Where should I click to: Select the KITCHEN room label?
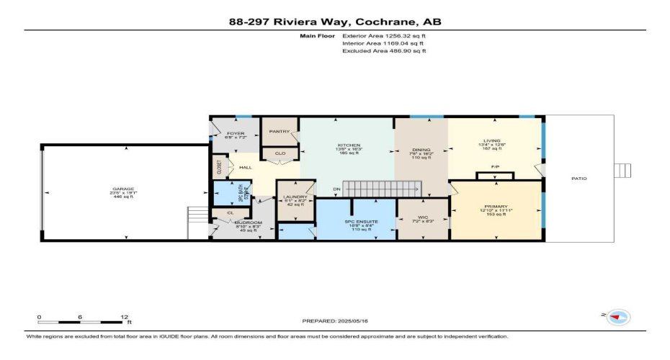point(349,145)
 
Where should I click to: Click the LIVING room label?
point(492,140)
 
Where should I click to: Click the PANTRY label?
point(279,132)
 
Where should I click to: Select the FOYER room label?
point(236,133)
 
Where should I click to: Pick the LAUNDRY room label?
point(296,197)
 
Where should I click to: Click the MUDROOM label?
point(247,223)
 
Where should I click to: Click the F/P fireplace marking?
point(495,167)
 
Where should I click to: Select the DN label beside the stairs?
point(336,189)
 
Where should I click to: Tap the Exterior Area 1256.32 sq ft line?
point(384,34)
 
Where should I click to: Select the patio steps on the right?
point(624,170)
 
